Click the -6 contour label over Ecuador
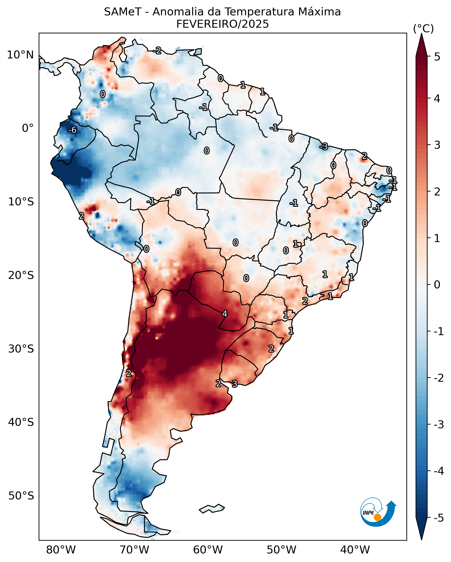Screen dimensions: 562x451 click(x=72, y=130)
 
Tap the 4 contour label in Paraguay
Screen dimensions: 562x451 click(x=225, y=314)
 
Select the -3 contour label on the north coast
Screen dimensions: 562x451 click(x=324, y=146)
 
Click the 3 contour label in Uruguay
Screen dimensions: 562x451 click(x=235, y=384)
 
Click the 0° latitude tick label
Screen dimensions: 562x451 click(x=28, y=128)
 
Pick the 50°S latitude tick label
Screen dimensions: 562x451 click(x=21, y=496)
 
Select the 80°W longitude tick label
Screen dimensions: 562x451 click(x=61, y=550)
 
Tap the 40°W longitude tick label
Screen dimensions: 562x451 click(x=355, y=550)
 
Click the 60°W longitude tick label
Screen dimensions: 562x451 click(x=208, y=550)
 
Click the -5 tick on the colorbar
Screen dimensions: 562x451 click(x=438, y=518)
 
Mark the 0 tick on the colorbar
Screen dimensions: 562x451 click(x=437, y=284)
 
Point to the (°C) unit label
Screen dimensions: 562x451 click(x=423, y=29)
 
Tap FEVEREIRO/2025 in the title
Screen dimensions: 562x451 click(x=222, y=24)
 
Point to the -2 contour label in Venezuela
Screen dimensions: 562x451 click(x=157, y=50)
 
